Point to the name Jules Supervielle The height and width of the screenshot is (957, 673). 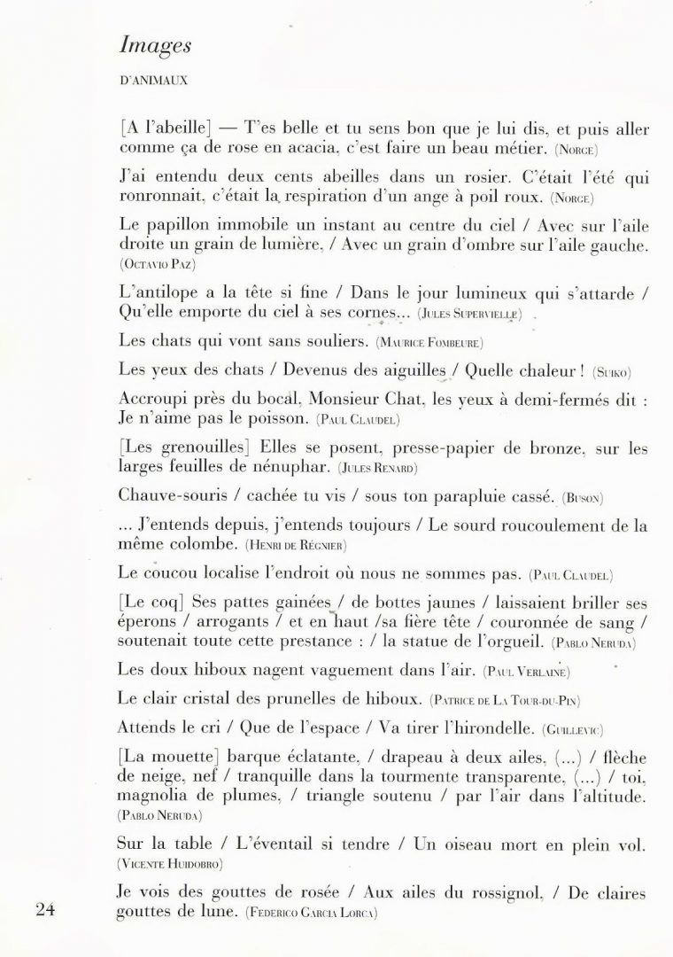click(x=468, y=315)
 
